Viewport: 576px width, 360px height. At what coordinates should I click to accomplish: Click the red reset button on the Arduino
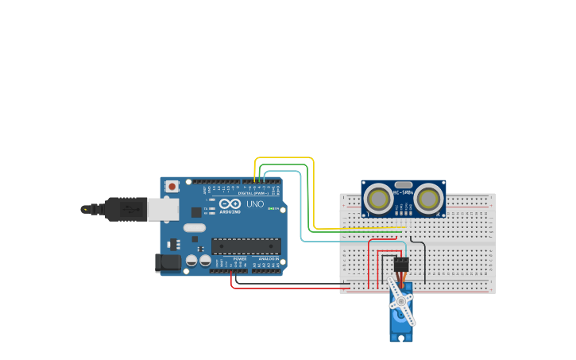172,186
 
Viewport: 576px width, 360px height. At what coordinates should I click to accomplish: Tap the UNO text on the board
255,203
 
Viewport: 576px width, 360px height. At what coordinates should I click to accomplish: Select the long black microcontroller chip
245,246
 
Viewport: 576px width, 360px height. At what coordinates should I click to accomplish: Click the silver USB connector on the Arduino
163,209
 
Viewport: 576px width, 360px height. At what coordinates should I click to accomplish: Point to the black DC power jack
168,262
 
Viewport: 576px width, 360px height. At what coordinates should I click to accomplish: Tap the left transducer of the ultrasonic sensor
377,199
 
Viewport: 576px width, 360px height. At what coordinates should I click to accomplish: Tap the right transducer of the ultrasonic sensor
429,199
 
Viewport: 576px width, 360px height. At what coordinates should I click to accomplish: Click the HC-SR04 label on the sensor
404,192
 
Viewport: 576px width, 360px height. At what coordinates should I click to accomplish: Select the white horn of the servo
402,303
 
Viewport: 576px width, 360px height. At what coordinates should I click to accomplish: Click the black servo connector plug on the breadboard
401,265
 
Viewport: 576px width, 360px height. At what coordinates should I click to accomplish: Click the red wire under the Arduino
286,288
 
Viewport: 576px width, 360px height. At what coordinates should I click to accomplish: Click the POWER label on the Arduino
239,259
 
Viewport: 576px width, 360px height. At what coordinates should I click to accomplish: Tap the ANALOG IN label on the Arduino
269,259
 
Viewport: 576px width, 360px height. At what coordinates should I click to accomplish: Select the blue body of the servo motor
401,326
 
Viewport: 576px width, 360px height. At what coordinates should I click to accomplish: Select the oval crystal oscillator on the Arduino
194,227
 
